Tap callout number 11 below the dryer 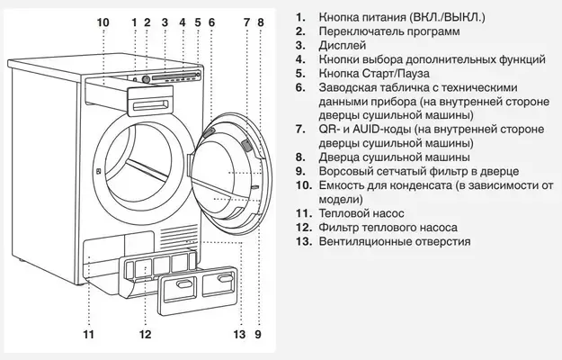(88, 336)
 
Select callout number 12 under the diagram (145, 336)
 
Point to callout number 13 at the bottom (238, 336)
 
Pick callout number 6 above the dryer (210, 21)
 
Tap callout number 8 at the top (261, 21)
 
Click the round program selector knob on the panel (146, 78)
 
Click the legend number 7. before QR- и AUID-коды (299, 130)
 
